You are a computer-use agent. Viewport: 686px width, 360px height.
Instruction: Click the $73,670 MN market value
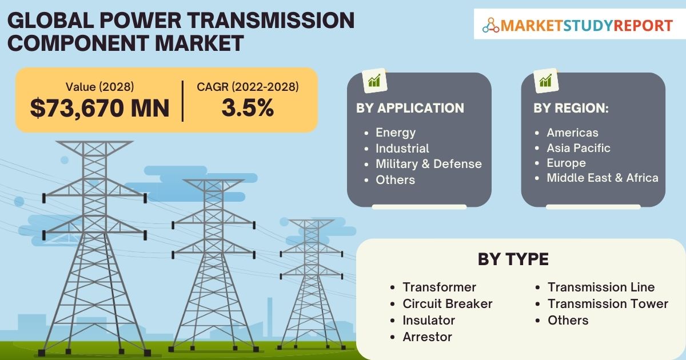click(x=99, y=108)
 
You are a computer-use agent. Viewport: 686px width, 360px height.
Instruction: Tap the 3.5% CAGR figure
click(x=248, y=107)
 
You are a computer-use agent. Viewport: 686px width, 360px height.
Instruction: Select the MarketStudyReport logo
click(x=577, y=25)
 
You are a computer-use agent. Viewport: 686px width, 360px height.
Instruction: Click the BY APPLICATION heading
click(x=410, y=108)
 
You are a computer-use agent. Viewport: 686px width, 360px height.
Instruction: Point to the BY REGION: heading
click(x=571, y=108)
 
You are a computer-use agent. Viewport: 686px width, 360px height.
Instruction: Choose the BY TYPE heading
click(x=513, y=259)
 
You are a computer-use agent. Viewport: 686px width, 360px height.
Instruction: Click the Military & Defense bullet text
click(x=429, y=164)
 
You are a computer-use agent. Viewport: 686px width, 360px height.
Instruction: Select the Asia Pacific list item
click(x=579, y=148)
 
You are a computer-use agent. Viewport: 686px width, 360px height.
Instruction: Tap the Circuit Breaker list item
click(x=448, y=303)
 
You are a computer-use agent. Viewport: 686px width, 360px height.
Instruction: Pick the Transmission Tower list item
click(x=608, y=303)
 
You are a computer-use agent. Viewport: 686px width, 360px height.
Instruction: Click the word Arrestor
click(x=427, y=337)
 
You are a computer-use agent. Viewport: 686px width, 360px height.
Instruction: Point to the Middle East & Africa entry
click(x=603, y=178)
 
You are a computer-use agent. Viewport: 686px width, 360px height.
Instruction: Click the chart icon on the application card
click(x=374, y=81)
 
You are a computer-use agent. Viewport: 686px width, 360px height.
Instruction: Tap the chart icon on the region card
click(x=546, y=81)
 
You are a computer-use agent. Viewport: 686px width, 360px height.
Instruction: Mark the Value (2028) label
click(x=100, y=87)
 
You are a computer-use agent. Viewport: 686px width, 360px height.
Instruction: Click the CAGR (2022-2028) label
click(x=248, y=87)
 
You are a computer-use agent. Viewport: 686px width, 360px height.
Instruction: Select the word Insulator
click(x=429, y=320)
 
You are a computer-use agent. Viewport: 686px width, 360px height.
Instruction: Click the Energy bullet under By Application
click(x=396, y=133)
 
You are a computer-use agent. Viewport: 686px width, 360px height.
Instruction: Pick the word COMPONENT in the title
click(x=78, y=43)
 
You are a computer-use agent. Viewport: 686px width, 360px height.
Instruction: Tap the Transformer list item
click(x=439, y=287)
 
